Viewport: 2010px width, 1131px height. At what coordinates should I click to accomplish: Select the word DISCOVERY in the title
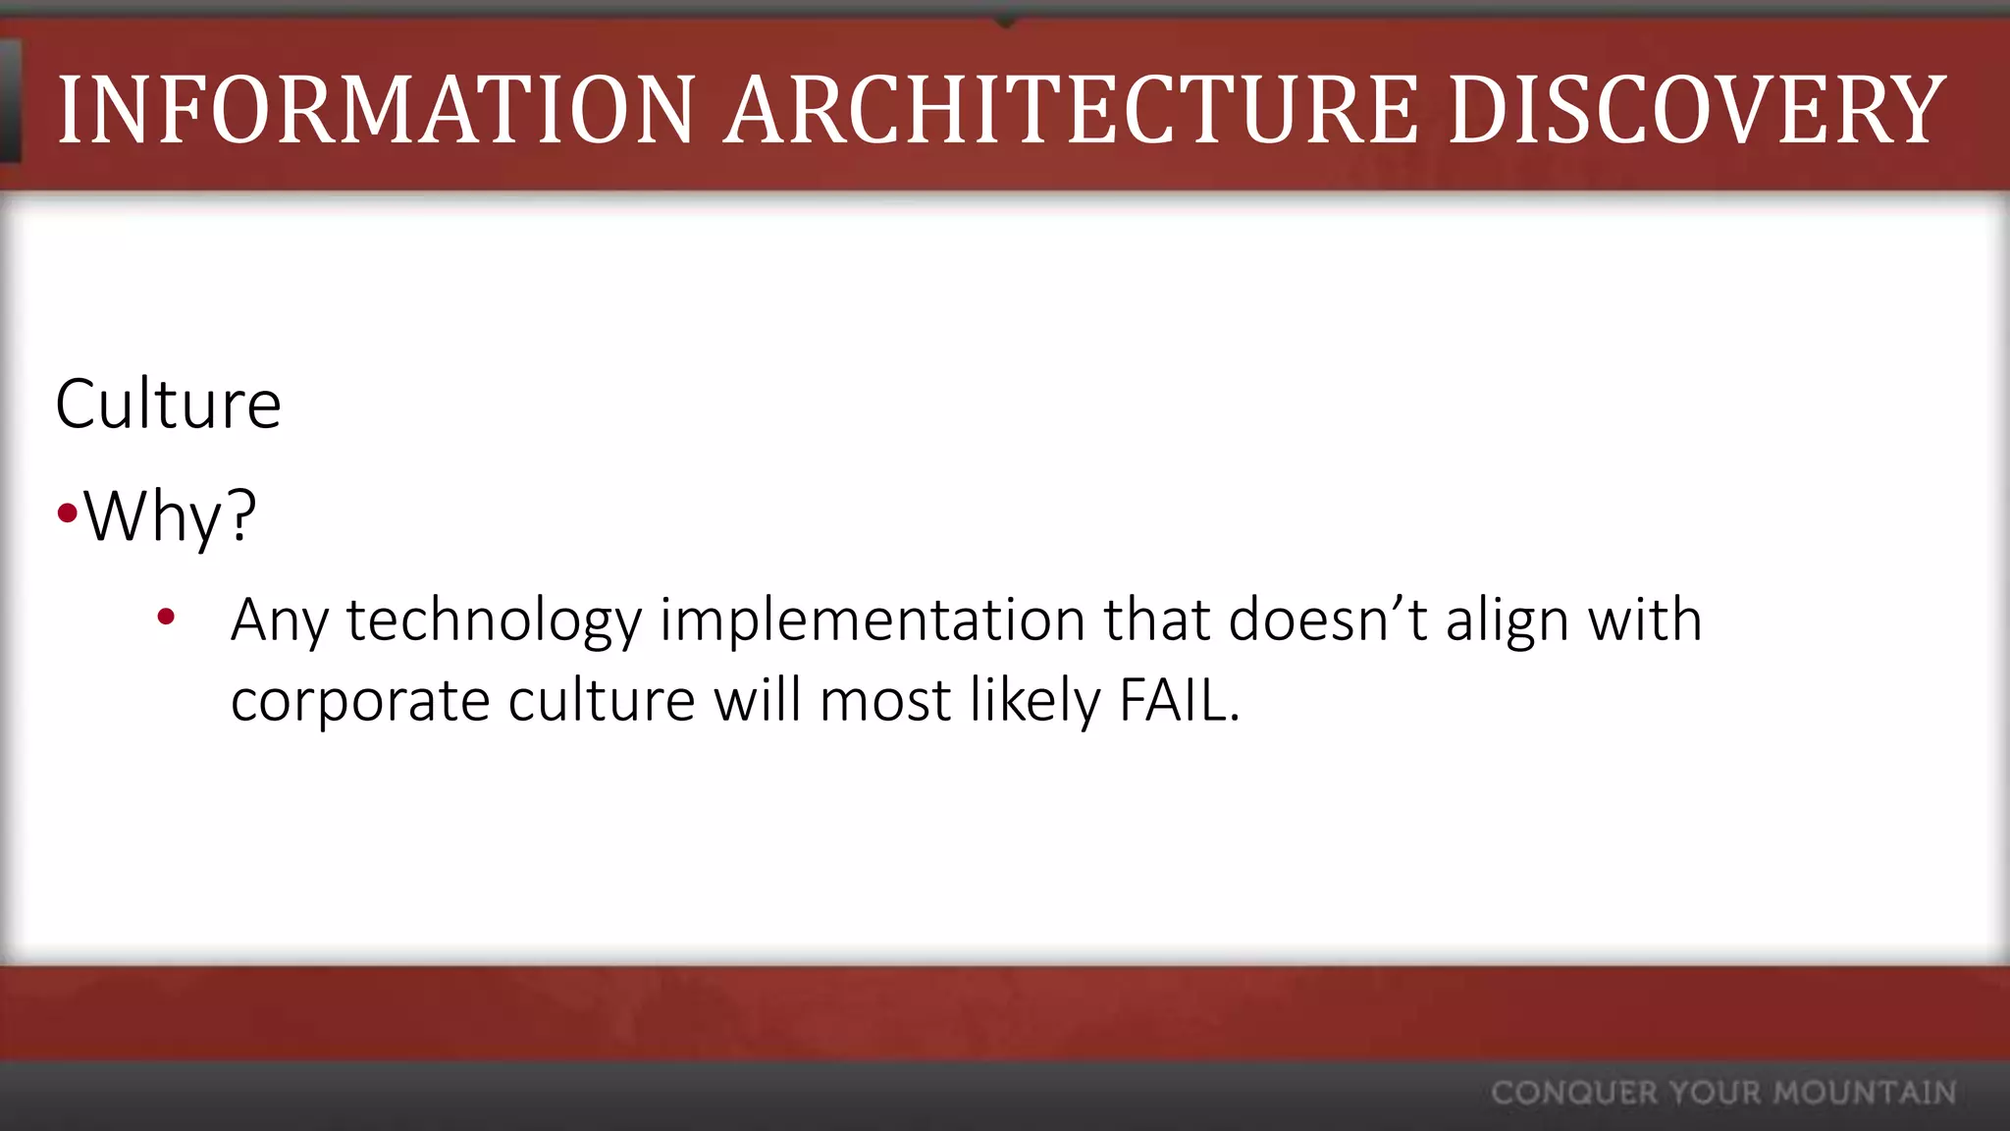(1697, 110)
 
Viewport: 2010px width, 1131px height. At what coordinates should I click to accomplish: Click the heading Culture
(168, 404)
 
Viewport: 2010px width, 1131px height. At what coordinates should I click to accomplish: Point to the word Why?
(170, 515)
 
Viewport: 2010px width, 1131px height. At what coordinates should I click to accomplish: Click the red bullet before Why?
(67, 512)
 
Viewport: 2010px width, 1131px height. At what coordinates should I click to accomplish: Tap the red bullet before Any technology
(166, 617)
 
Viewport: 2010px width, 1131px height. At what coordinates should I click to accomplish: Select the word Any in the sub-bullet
(279, 620)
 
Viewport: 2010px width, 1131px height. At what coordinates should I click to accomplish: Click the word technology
(494, 620)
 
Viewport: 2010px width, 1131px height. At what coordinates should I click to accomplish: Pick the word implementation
(872, 620)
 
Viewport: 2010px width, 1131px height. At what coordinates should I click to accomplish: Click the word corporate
(360, 701)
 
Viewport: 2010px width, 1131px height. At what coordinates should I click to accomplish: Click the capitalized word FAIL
(1179, 701)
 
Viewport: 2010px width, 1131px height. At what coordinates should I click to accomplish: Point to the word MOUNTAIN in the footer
(1865, 1093)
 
